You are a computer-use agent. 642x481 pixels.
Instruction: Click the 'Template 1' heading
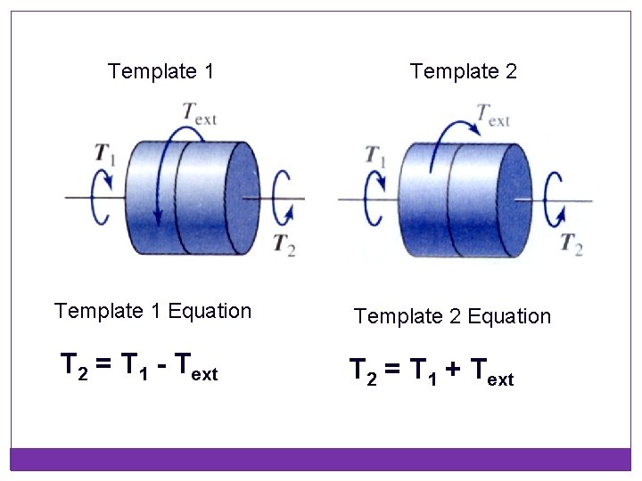pos(160,70)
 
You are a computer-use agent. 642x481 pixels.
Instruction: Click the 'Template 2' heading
pos(463,70)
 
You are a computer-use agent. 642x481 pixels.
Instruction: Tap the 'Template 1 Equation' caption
pos(152,311)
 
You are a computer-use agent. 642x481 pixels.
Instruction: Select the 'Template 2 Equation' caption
pos(452,316)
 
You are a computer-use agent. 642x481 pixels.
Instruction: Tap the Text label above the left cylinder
pos(199,114)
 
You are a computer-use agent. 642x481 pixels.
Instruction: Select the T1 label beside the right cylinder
pos(376,154)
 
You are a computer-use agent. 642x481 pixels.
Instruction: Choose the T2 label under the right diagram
pos(572,243)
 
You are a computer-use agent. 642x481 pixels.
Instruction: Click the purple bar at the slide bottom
pos(320,459)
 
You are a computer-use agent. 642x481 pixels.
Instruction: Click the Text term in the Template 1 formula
pos(195,367)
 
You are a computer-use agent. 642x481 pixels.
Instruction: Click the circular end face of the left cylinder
pos(242,197)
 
